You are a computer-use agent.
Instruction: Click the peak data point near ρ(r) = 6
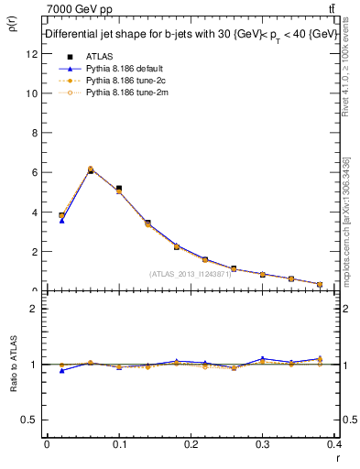click(90, 170)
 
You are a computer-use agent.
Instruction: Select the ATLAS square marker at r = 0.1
click(119, 189)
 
